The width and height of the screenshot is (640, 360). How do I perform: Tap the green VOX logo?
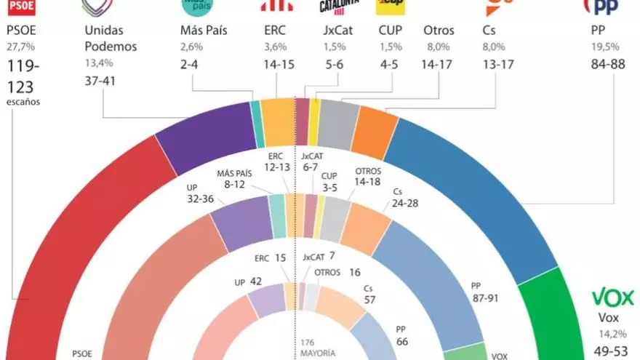[612, 297]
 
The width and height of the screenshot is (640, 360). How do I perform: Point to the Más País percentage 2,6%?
[191, 47]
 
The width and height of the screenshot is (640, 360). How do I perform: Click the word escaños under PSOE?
[23, 101]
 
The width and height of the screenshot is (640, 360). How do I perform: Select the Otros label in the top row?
[439, 31]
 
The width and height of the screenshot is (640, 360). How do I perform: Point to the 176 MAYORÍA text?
[318, 348]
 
